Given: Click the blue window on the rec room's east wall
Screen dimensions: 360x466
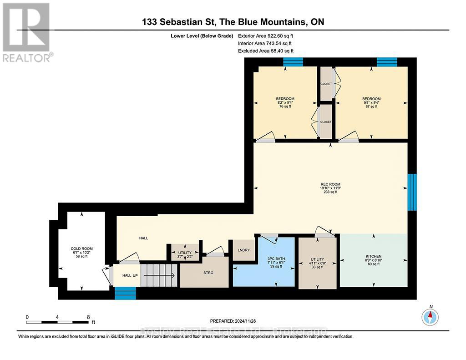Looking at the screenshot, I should [x=412, y=192].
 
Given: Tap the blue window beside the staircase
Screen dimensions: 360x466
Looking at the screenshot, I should [x=125, y=294].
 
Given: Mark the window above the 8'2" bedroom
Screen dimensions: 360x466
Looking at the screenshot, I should [x=293, y=62].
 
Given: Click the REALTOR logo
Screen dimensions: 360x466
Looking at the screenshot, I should [x=26, y=32].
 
